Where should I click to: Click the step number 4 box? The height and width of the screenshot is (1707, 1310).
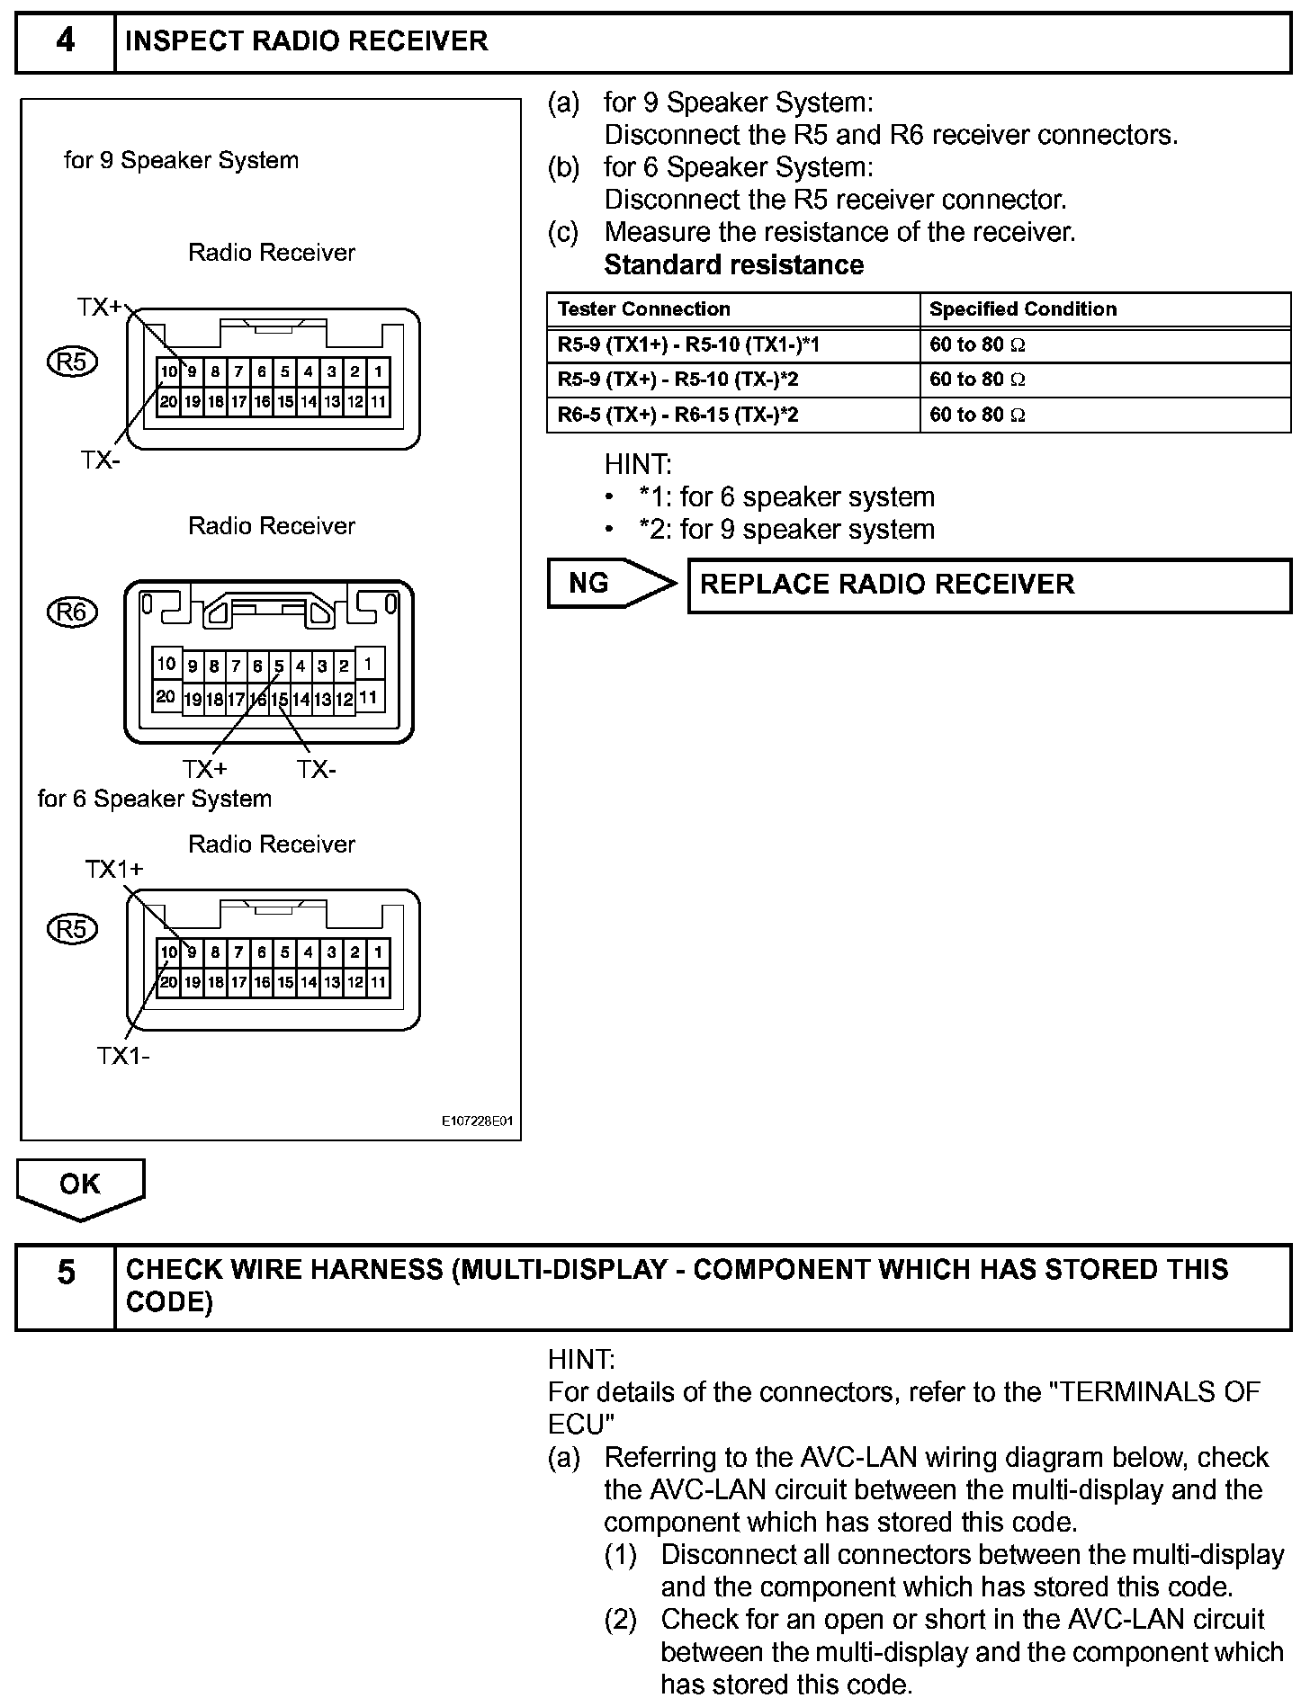pos(66,42)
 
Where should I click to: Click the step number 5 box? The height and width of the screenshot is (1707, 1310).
pos(66,1286)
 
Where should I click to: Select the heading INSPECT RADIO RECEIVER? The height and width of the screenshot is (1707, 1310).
pos(307,42)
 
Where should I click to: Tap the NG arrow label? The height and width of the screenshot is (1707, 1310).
pos(589,584)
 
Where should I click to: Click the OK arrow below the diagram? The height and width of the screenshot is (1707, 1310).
pos(80,1185)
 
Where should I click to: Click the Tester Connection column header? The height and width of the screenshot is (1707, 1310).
pos(644,309)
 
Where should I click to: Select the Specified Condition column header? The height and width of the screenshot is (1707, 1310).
pos(1023,309)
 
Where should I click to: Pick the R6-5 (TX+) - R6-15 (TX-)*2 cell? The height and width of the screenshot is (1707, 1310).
pos(678,415)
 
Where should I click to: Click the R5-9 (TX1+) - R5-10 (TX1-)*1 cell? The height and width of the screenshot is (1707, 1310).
pos(689,344)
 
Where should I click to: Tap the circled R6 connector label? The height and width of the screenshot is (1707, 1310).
pos(72,612)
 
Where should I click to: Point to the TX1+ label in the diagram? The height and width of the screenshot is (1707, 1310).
pos(114,870)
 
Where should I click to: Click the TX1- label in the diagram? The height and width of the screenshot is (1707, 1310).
pos(123,1056)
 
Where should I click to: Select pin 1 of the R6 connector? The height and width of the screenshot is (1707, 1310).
pos(369,665)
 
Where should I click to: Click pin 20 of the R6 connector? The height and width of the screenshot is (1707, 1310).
pos(166,696)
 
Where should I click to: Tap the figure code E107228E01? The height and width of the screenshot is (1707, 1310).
pos(477,1122)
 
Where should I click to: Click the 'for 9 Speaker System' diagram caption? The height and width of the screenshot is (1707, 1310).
pos(181,161)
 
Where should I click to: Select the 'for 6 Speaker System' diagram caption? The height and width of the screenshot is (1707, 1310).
pos(155,799)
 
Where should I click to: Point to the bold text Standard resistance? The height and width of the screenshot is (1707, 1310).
pos(733,265)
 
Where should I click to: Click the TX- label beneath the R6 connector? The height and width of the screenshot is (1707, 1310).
pos(317,770)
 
